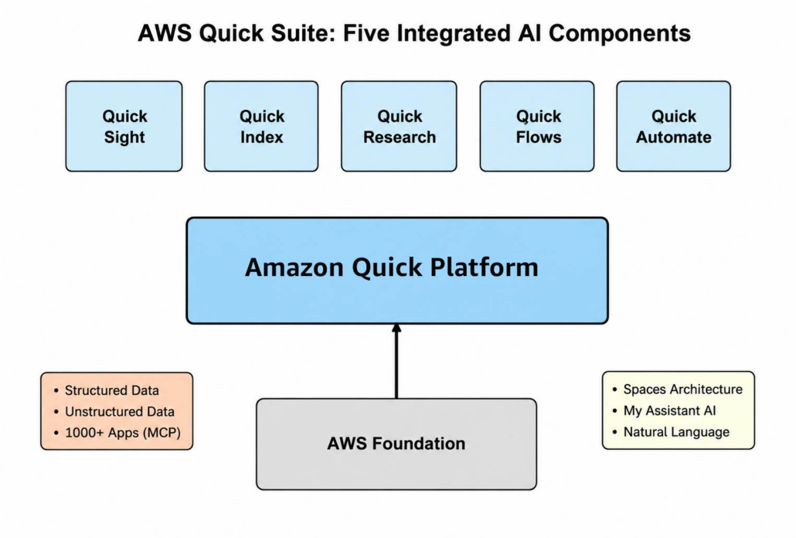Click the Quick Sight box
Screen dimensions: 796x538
coord(124,126)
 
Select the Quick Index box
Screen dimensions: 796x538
coord(261,126)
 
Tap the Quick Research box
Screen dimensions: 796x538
coord(399,126)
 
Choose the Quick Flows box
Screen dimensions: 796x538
coord(537,126)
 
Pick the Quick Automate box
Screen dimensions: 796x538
coord(674,126)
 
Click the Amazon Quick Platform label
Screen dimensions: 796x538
coord(391,267)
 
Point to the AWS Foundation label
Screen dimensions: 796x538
coord(396,444)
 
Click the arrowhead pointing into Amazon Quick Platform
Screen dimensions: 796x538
coord(396,329)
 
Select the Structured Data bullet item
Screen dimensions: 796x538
coord(112,390)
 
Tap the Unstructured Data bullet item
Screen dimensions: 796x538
coord(120,412)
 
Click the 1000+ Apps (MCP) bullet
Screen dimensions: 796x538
coord(123,433)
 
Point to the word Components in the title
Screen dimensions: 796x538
coord(619,34)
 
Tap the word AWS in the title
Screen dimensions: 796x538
coord(165,33)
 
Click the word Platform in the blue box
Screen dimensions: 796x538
coord(485,267)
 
